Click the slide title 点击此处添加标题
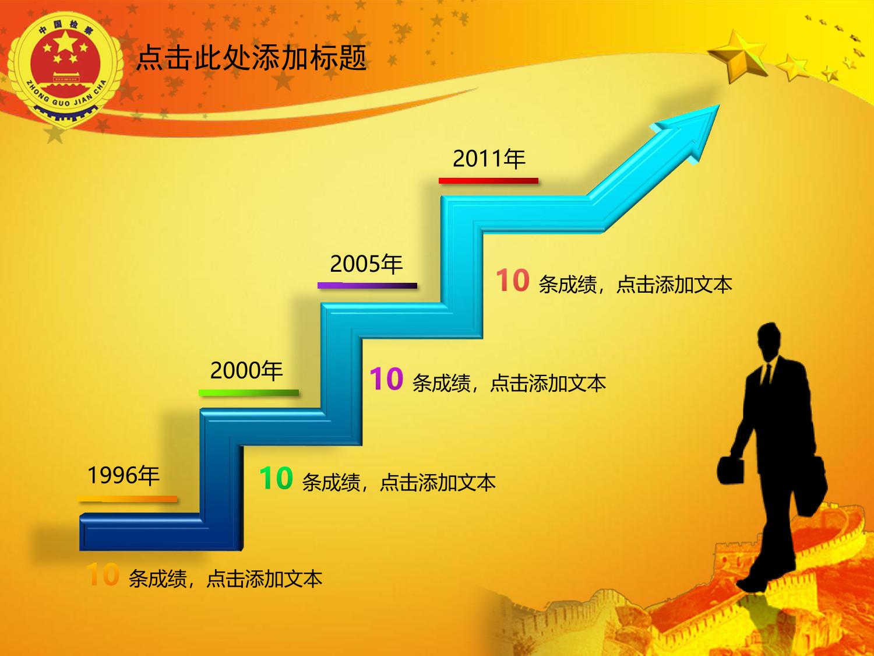click(x=251, y=58)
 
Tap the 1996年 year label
click(x=124, y=475)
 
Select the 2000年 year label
click(x=246, y=370)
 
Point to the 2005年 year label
click(x=366, y=264)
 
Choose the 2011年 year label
click(x=489, y=159)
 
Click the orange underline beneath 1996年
click(x=128, y=499)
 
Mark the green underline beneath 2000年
click(x=249, y=393)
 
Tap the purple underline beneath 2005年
click(x=368, y=286)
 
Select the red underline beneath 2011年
click(x=488, y=181)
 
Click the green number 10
click(x=276, y=478)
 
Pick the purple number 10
click(x=386, y=379)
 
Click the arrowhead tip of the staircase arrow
click(x=719, y=105)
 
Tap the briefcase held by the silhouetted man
click(x=731, y=471)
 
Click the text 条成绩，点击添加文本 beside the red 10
click(x=635, y=285)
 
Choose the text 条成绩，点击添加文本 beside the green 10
click(x=399, y=482)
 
